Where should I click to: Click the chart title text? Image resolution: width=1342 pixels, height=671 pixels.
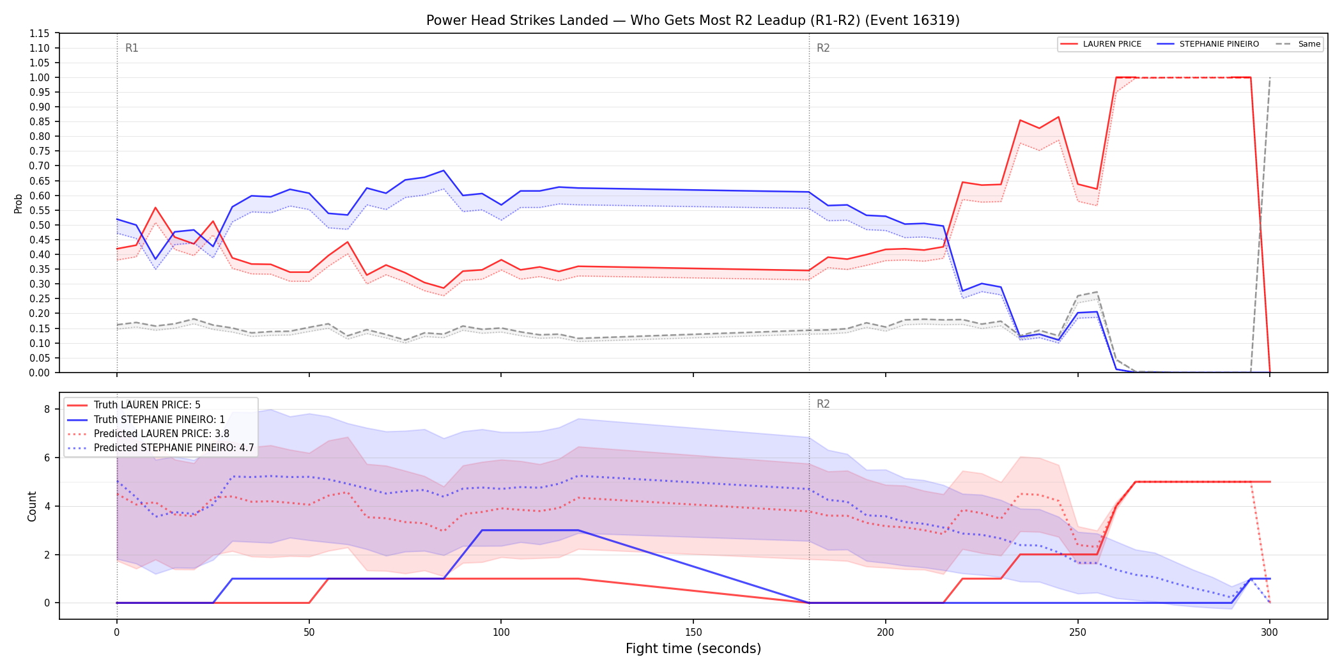(x=693, y=20)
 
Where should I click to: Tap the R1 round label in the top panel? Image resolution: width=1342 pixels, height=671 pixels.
(x=132, y=48)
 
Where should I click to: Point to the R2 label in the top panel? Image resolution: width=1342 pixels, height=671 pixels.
(x=823, y=48)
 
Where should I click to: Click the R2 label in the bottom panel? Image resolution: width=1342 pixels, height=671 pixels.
(x=823, y=404)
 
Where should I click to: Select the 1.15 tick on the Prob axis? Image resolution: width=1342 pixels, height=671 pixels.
(x=40, y=33)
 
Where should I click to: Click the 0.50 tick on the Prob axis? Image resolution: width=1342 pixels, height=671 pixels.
(x=40, y=225)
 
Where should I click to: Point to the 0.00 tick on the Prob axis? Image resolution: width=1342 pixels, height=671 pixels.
(x=40, y=373)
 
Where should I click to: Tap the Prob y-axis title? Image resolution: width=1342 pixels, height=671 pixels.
(x=19, y=203)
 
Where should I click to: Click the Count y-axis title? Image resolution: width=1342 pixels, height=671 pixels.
(x=32, y=506)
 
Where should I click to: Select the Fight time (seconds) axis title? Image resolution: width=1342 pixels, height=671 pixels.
(x=693, y=649)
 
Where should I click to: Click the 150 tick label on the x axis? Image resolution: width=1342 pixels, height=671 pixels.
(x=693, y=633)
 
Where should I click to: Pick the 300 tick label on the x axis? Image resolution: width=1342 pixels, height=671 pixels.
(x=1270, y=633)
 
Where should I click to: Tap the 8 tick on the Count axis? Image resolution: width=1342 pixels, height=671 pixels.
(x=47, y=409)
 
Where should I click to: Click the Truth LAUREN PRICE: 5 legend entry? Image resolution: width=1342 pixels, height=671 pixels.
(x=147, y=405)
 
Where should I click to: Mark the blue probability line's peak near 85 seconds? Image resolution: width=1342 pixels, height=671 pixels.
(x=443, y=171)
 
